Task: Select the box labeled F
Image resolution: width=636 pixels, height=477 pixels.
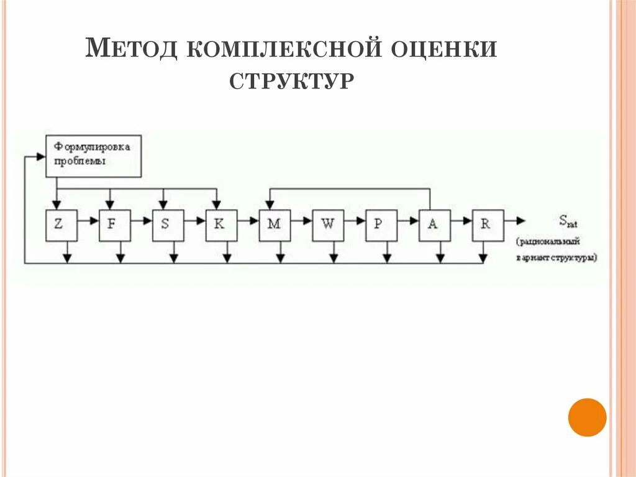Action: [115, 225]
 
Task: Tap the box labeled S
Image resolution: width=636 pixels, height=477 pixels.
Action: [168, 225]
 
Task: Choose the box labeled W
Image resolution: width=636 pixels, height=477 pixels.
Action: [328, 225]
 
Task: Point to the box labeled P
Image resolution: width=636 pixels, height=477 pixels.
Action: [381, 225]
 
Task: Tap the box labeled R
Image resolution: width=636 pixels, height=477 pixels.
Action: [488, 225]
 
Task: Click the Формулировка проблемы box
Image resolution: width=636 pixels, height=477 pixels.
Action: [94, 155]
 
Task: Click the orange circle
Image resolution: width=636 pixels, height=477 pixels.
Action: [587, 417]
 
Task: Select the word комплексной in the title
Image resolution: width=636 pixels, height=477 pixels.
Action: [283, 49]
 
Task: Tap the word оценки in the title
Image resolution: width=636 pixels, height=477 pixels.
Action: [443, 49]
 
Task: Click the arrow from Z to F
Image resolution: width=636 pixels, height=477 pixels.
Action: [88, 220]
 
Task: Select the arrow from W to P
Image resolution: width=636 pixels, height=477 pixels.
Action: [355, 220]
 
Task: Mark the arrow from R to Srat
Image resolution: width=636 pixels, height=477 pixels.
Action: [514, 220]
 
